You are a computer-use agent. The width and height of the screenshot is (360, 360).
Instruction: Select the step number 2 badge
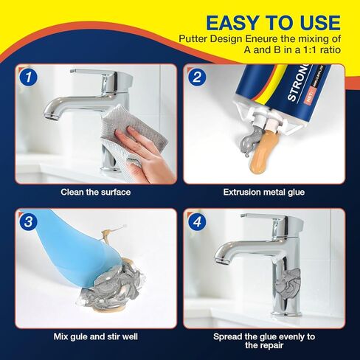[196, 76]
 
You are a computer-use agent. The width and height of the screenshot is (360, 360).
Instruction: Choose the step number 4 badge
[196, 221]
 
